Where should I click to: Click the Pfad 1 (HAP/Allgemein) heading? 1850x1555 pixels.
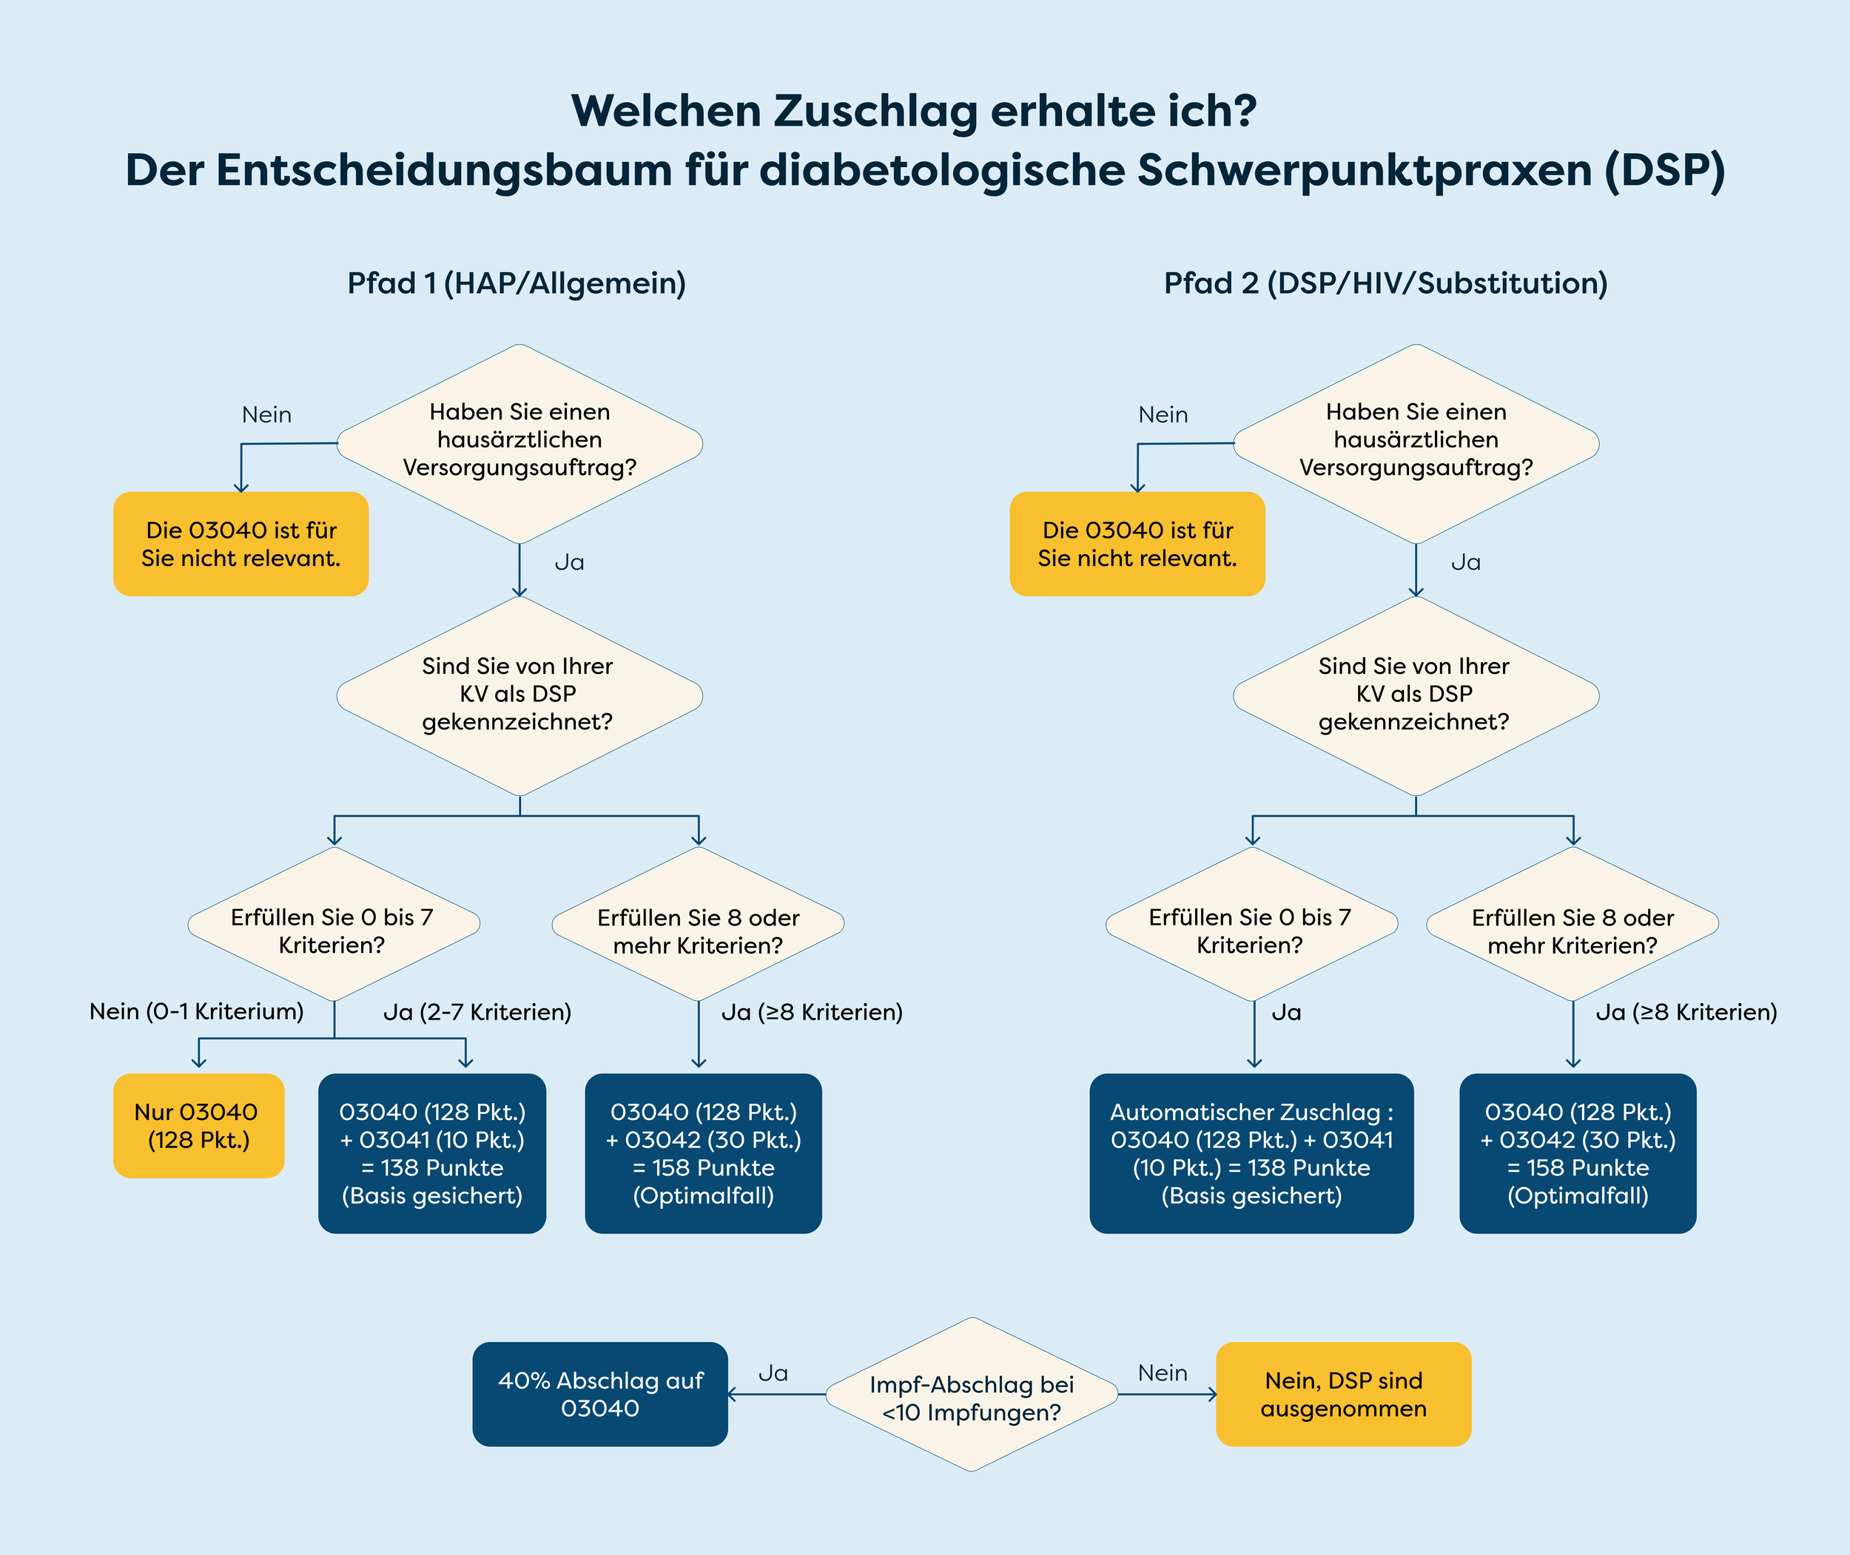(x=516, y=283)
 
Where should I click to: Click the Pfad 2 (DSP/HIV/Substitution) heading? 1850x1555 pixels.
(x=1385, y=283)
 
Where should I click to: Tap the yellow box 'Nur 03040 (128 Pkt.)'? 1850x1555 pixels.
(x=198, y=1126)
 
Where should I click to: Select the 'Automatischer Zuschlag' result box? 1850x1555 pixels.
(x=1251, y=1153)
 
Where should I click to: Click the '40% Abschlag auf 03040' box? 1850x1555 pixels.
(x=599, y=1394)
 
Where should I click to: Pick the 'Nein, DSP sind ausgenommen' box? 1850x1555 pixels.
(x=1343, y=1394)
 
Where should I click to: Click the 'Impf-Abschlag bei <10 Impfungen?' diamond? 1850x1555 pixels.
(x=972, y=1397)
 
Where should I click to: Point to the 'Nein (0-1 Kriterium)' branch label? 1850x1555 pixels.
(x=197, y=1011)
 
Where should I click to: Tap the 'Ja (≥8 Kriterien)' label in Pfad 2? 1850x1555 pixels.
(x=1686, y=1012)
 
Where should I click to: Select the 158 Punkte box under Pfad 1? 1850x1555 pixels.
(x=703, y=1153)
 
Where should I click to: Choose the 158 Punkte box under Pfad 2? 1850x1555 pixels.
(x=1578, y=1153)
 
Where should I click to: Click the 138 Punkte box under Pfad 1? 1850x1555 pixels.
(x=432, y=1153)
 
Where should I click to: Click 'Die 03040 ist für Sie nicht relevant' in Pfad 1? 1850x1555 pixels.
(x=240, y=544)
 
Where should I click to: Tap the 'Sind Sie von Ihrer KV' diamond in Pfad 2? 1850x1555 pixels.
(x=1414, y=695)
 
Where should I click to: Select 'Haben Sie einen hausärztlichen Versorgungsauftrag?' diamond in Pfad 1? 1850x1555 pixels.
(x=519, y=441)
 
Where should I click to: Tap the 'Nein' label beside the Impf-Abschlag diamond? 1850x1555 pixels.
(x=1163, y=1372)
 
